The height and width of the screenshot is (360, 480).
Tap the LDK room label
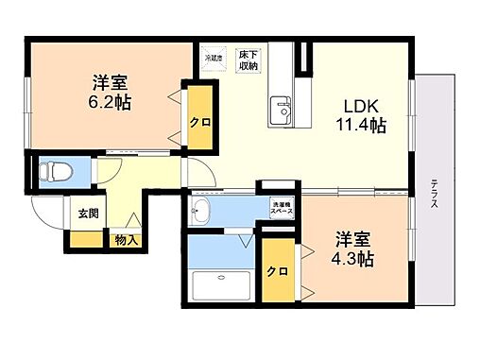click(x=362, y=105)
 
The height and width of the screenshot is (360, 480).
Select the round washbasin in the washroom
click(x=201, y=212)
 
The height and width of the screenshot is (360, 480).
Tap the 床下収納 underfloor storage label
click(x=249, y=60)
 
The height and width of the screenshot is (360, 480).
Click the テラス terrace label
click(x=434, y=198)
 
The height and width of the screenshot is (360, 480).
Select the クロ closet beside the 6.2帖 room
click(x=198, y=121)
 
